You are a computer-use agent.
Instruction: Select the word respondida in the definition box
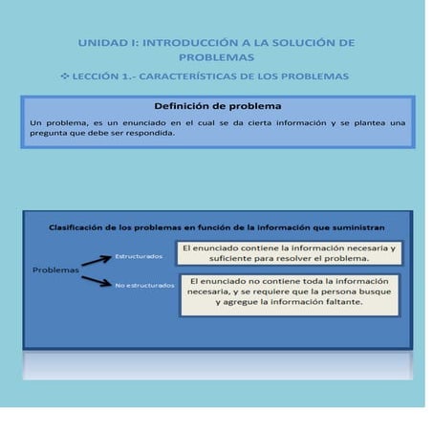click(x=168, y=133)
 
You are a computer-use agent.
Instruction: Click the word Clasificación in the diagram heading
click(x=80, y=228)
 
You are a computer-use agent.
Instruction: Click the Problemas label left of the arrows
click(x=55, y=270)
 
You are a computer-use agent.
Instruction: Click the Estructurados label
click(x=139, y=256)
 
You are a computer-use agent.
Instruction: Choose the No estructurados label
click(x=144, y=285)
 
